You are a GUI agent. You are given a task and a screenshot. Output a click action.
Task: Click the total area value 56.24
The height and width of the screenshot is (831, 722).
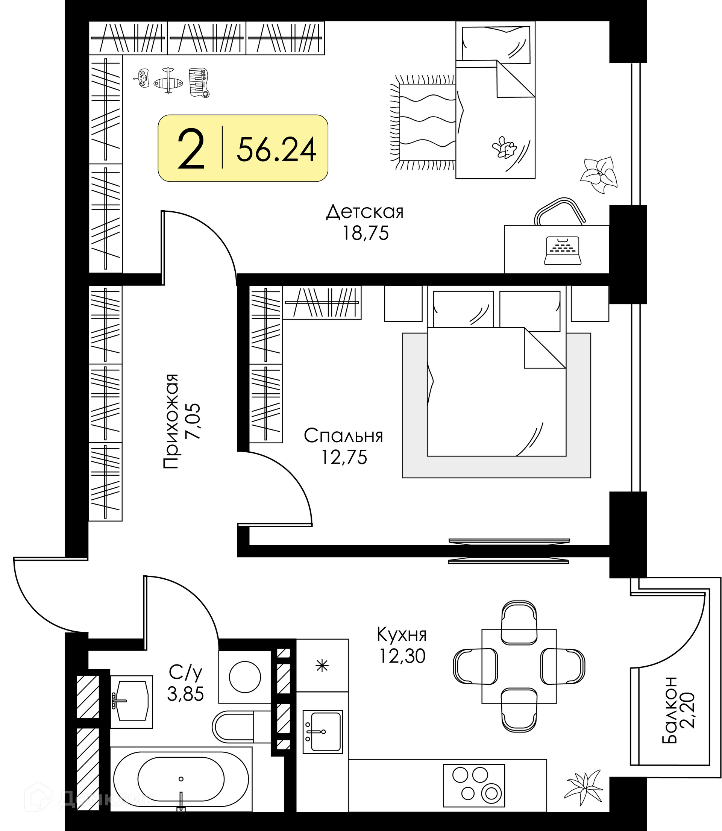point(276,149)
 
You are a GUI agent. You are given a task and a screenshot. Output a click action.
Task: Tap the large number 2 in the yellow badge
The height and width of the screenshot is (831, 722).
point(191,149)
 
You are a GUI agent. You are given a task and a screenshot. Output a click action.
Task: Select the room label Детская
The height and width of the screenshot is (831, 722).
point(365,212)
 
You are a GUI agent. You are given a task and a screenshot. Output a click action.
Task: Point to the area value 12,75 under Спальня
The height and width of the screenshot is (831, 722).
point(344,457)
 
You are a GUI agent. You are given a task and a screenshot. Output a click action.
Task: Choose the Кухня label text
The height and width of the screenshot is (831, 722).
point(402,635)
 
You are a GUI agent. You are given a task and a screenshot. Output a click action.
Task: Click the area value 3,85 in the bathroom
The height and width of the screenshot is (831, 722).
point(186,695)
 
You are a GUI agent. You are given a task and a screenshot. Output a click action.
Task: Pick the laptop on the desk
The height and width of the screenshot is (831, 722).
point(563,250)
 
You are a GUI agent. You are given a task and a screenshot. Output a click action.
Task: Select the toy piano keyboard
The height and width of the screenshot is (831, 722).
point(199,83)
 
